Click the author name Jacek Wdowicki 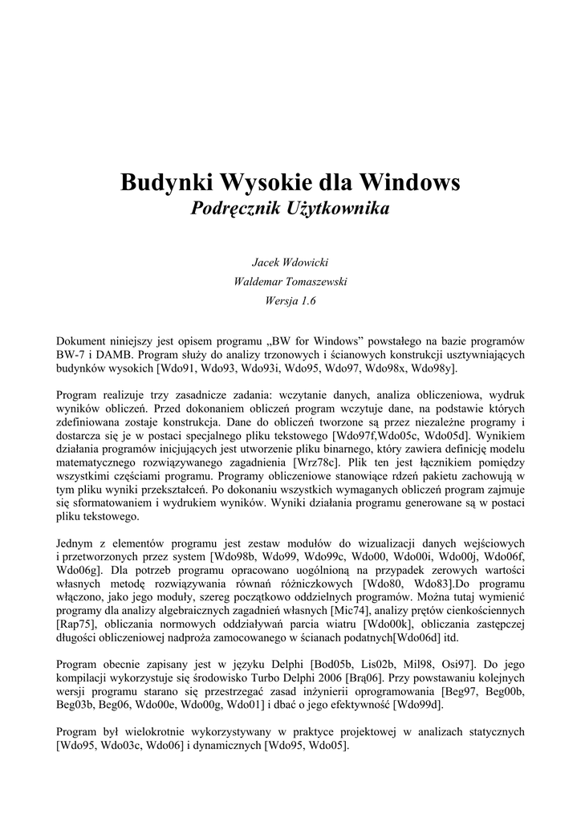pyautogui.click(x=290, y=262)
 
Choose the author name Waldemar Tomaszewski pyautogui.click(x=290, y=282)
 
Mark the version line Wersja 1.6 pyautogui.click(x=290, y=301)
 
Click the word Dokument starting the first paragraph pyautogui.click(x=83, y=340)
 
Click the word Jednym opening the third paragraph pyautogui.click(x=78, y=543)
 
